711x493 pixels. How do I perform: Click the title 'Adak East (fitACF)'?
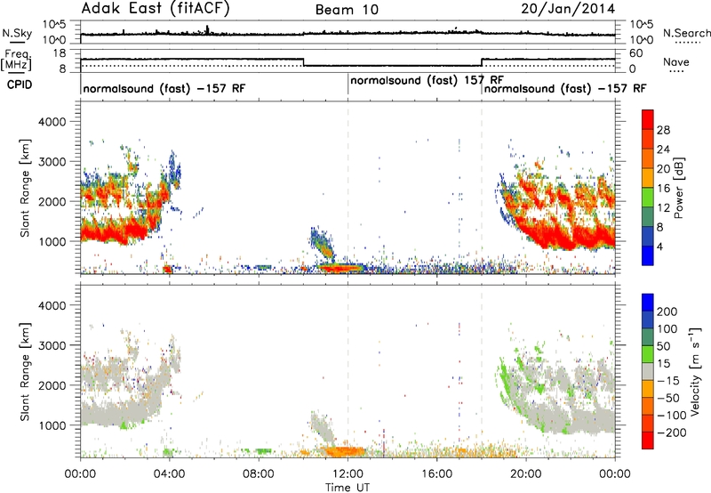point(156,8)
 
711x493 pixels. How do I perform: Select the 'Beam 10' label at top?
point(347,10)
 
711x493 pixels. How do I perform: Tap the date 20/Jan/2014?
point(568,9)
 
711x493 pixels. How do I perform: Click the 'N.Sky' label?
point(17,33)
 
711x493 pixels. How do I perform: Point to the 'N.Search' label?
point(686,33)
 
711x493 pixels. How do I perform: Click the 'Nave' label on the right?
point(676,62)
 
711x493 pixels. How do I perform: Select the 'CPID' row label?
point(20,85)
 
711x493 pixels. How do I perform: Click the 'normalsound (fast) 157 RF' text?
point(427,81)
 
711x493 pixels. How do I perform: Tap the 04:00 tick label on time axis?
point(169,474)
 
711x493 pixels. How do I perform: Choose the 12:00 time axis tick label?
point(348,474)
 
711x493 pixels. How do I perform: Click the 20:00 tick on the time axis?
point(526,474)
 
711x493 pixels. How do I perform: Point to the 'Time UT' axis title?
point(348,488)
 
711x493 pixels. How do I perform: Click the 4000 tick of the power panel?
point(52,122)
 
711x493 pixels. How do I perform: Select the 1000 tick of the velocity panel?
point(52,425)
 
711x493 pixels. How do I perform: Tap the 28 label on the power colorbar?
point(663,130)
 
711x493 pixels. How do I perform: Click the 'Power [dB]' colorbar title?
point(679,188)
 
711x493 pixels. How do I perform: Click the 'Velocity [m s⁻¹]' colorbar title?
point(695,371)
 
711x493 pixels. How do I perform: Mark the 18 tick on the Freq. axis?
point(60,53)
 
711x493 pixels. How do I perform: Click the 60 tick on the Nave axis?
point(636,53)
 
